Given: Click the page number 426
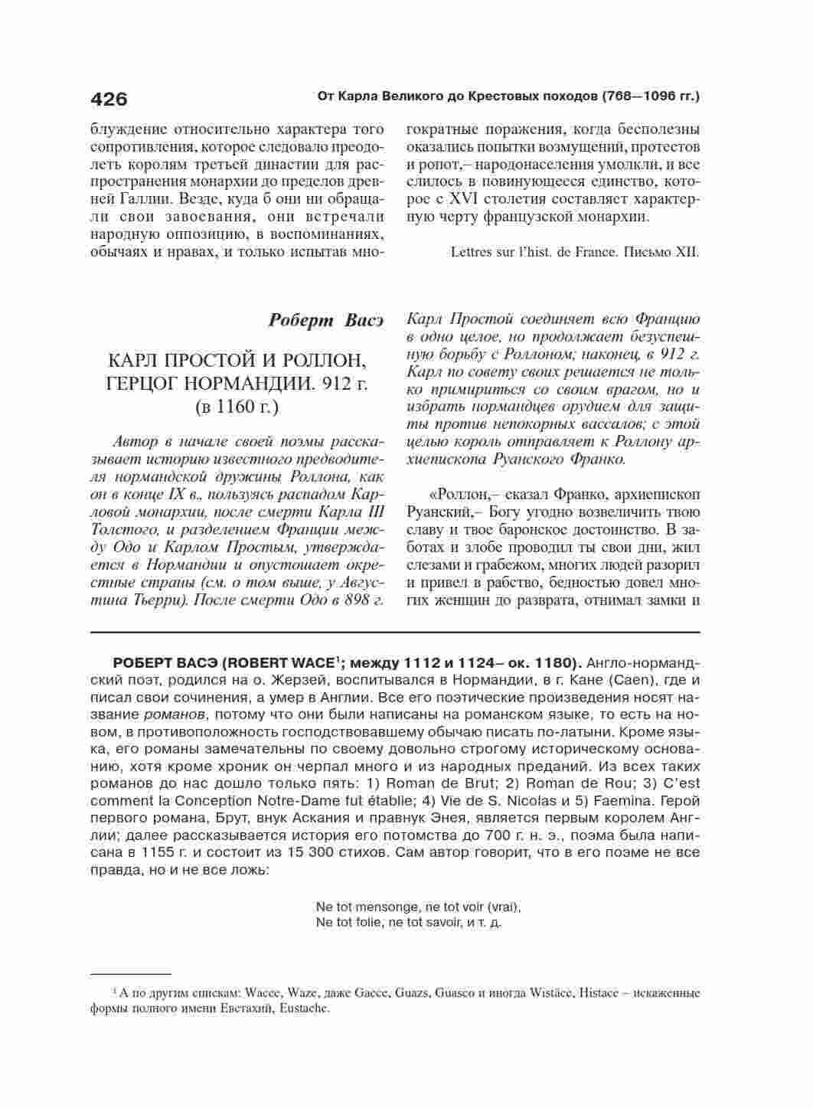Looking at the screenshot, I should point(109,99).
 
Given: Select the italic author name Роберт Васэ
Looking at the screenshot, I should point(325,319).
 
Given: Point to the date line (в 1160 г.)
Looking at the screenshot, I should point(237,407).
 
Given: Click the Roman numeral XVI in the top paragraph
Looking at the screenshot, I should point(472,199).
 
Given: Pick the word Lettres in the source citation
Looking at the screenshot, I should point(472,251).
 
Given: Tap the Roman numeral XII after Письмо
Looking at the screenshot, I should point(687,251).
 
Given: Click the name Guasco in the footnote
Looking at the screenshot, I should point(455,993).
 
